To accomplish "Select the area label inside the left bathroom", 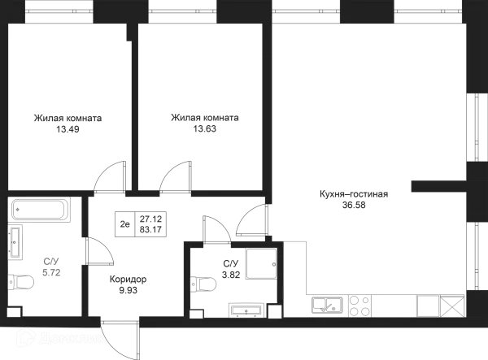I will tap(51, 266).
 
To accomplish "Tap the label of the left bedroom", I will tap(68, 122).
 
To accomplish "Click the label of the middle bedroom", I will tap(205, 122).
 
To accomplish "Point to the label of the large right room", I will tap(354, 200).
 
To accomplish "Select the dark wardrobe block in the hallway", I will tap(140, 220).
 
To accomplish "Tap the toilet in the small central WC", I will tap(204, 284).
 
